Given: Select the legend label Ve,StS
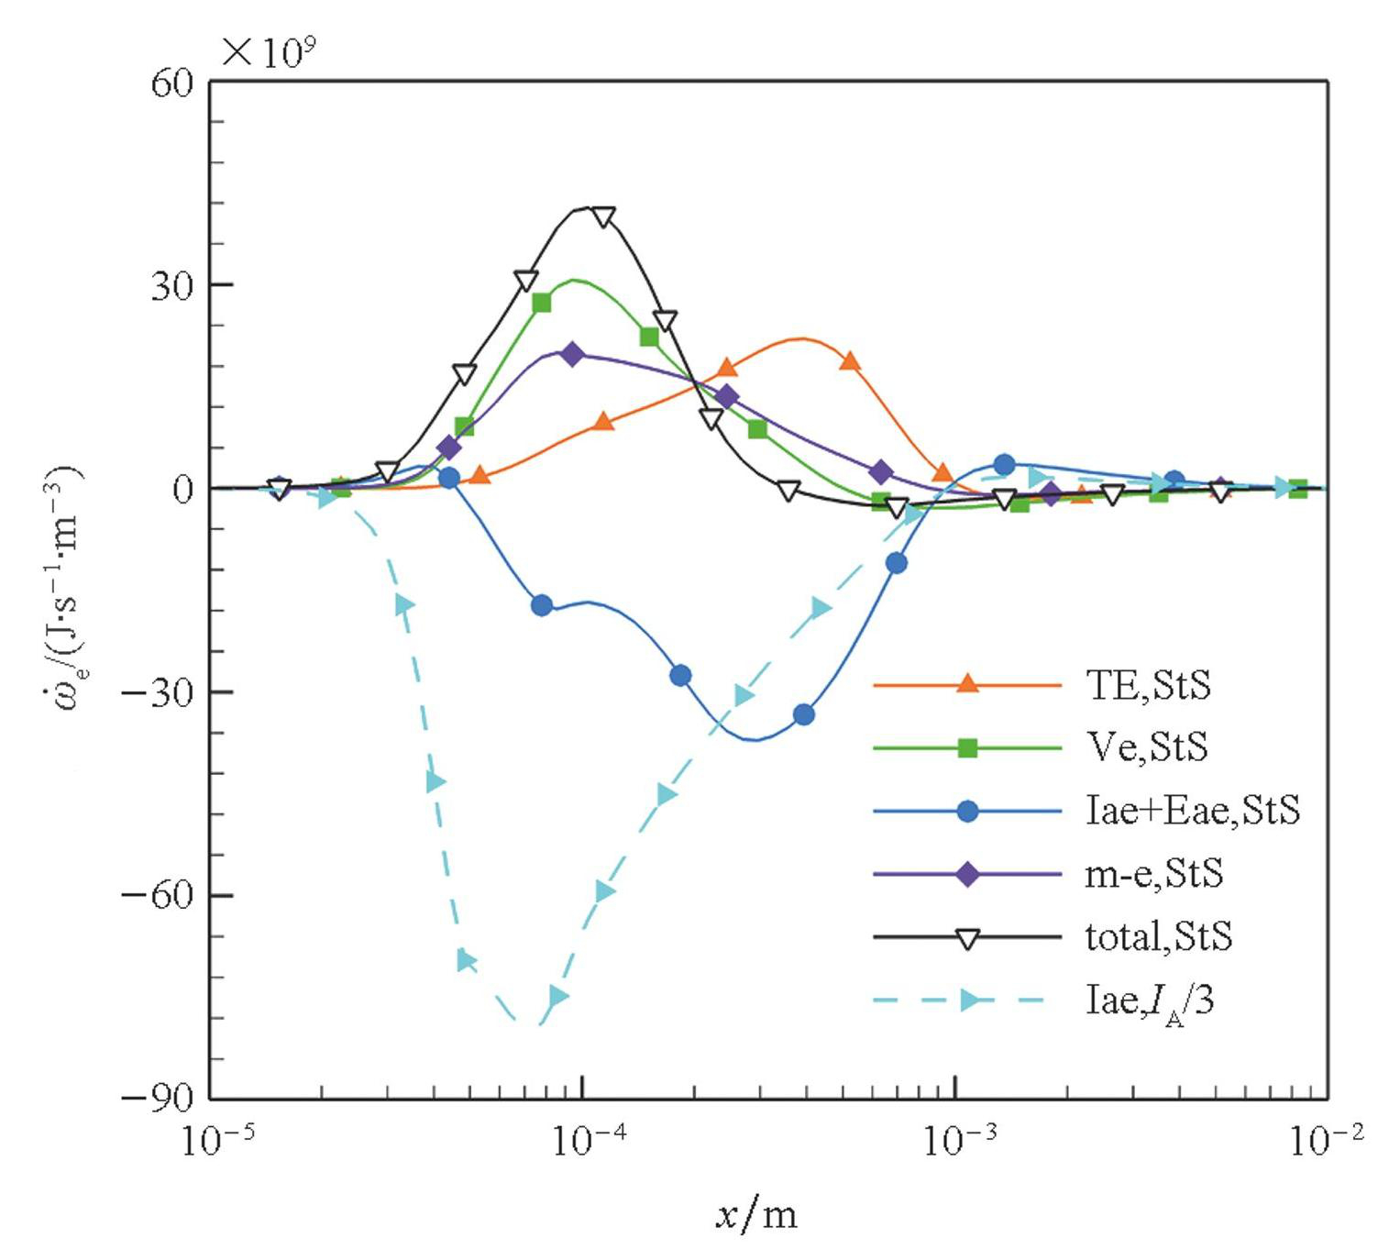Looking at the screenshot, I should (x=1146, y=747).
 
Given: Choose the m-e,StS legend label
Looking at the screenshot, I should (x=1153, y=874).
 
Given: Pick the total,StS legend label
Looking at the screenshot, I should (x=1159, y=936).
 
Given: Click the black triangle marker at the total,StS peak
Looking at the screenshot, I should (x=603, y=216).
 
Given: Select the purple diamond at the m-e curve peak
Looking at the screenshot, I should (x=572, y=354).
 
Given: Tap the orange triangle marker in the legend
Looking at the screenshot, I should (x=967, y=684).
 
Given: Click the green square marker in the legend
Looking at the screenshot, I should (x=967, y=748).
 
